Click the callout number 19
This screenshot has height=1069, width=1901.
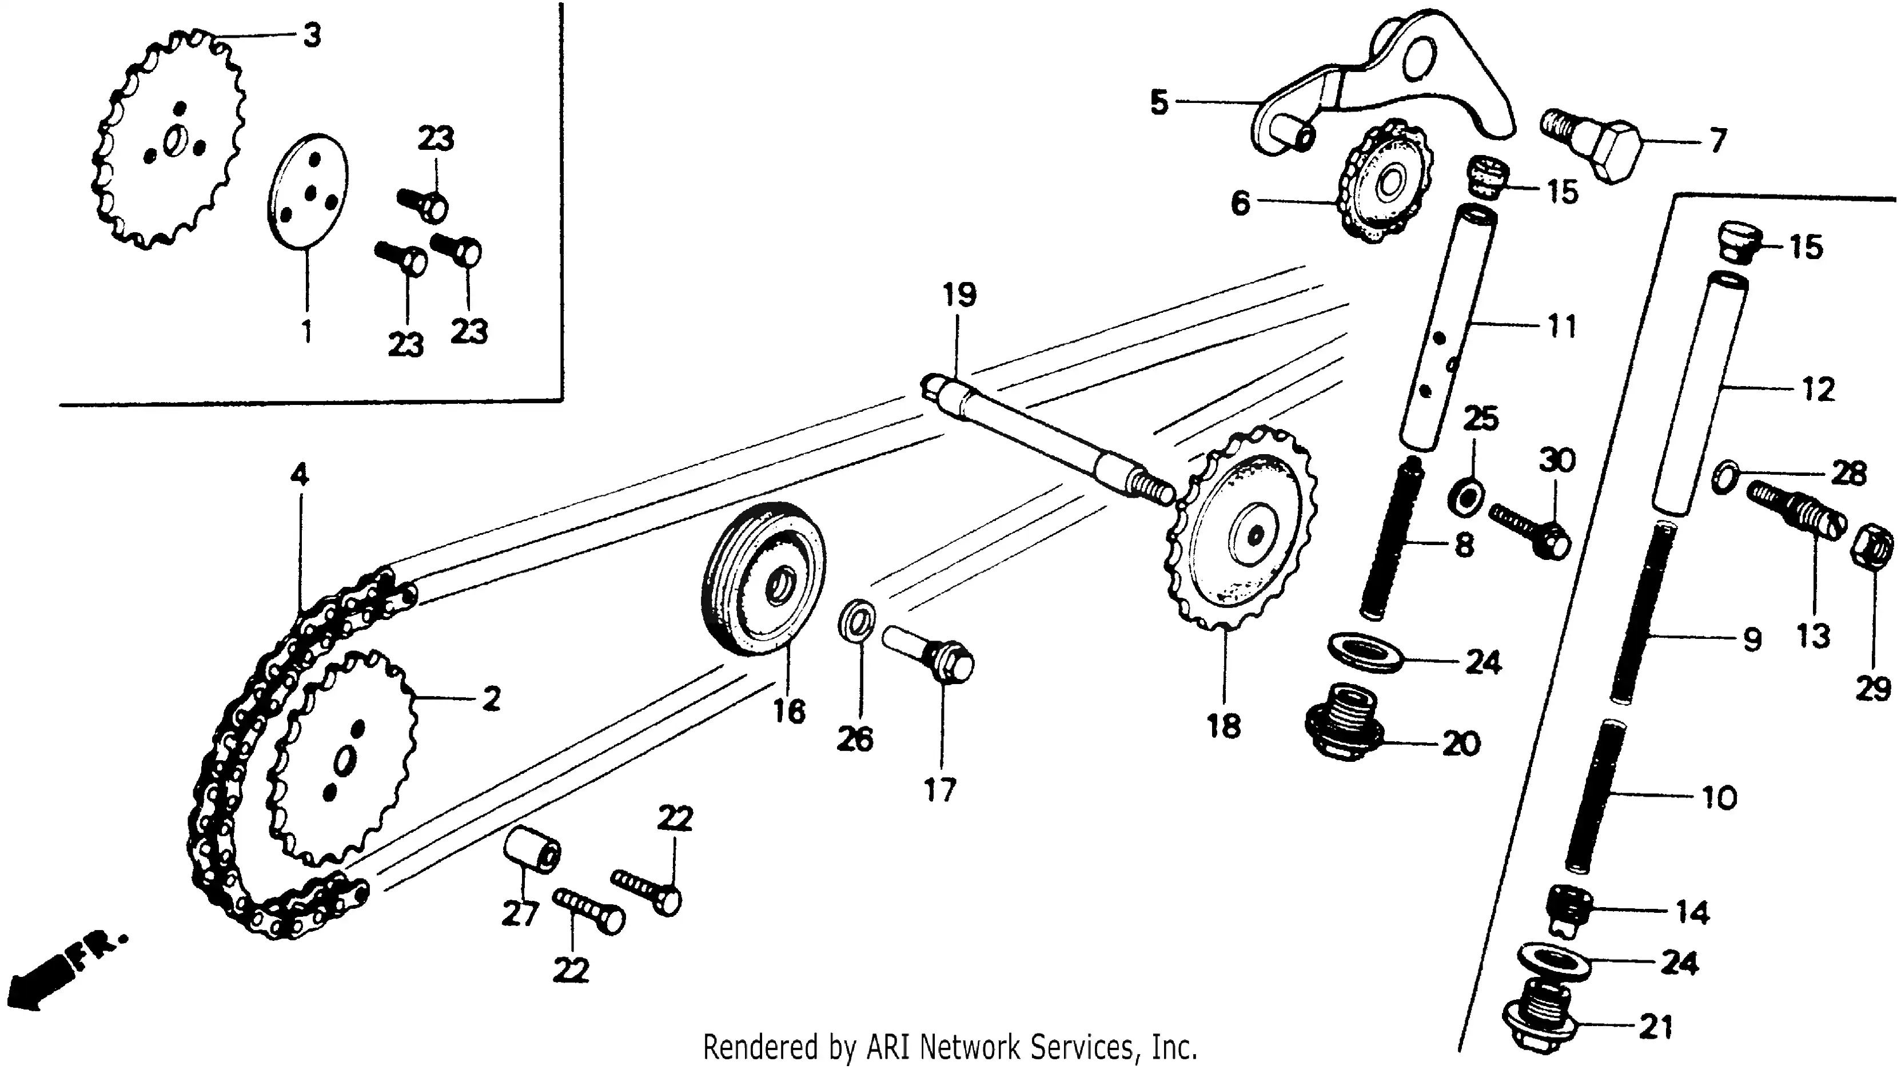click(959, 295)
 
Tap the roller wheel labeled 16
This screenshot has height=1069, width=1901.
click(764, 579)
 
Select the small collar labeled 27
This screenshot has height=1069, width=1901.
click(531, 849)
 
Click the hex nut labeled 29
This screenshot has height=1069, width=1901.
click(1872, 546)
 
